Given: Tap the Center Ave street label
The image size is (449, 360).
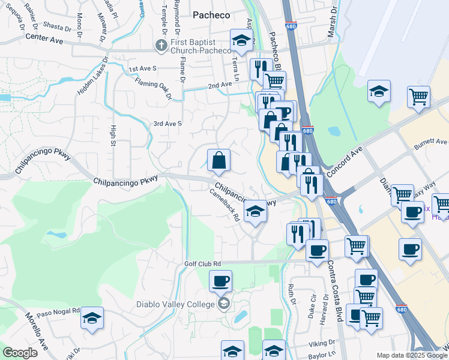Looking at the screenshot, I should point(44,38).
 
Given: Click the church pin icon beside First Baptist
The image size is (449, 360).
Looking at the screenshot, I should point(160,44).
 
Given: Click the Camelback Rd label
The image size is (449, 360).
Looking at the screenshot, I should point(225,205).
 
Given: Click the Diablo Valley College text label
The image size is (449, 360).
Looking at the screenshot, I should point(175,304).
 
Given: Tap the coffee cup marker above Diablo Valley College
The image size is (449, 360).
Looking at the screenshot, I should point(220,280).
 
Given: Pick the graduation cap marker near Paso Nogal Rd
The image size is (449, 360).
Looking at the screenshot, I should point(92,317).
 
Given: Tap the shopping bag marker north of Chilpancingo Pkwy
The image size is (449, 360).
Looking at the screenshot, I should point(218,160).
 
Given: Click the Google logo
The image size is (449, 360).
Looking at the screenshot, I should point(20,353).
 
